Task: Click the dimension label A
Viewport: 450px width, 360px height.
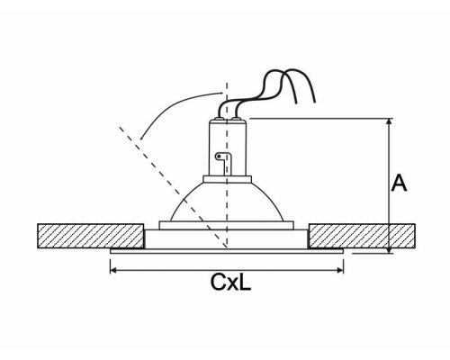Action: point(399,183)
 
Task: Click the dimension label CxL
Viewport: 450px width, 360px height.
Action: point(230,282)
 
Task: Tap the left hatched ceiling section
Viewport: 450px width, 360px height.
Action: point(91,236)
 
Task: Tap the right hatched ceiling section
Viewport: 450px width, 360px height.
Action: point(362,236)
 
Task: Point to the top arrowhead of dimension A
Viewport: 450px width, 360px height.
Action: point(389,121)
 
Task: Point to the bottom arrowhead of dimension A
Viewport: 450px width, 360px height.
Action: point(389,250)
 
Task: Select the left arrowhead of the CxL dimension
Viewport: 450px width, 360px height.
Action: point(113,270)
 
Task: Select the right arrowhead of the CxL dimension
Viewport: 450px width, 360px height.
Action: point(340,270)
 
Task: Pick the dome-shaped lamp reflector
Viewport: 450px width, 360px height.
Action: point(227,202)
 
